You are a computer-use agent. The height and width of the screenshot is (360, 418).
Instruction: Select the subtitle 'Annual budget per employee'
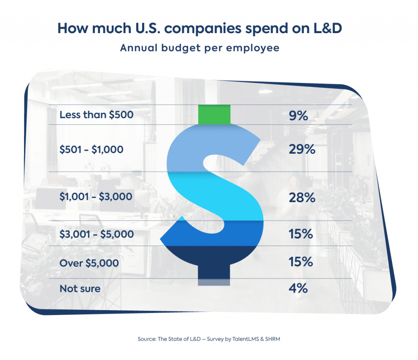(200, 48)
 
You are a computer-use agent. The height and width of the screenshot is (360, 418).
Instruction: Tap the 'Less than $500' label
(96, 115)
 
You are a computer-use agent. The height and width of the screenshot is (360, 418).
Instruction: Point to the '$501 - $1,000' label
(91, 150)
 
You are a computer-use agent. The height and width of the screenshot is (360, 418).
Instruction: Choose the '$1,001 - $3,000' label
(96, 197)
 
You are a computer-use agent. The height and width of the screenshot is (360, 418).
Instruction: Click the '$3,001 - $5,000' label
(97, 234)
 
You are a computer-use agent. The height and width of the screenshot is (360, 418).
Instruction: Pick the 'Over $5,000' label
(89, 263)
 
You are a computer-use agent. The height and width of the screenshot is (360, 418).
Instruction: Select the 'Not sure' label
(80, 288)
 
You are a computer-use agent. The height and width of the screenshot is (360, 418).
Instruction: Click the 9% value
(298, 116)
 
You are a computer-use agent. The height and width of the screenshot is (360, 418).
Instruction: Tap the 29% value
(302, 150)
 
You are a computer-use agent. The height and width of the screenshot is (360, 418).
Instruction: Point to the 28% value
(302, 198)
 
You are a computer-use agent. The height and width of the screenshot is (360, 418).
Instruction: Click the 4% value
(298, 288)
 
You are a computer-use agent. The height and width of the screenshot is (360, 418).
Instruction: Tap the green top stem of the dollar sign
(214, 114)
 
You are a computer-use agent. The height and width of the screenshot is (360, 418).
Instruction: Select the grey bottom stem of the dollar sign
(214, 282)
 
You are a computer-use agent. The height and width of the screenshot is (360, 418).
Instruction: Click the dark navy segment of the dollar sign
(214, 257)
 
